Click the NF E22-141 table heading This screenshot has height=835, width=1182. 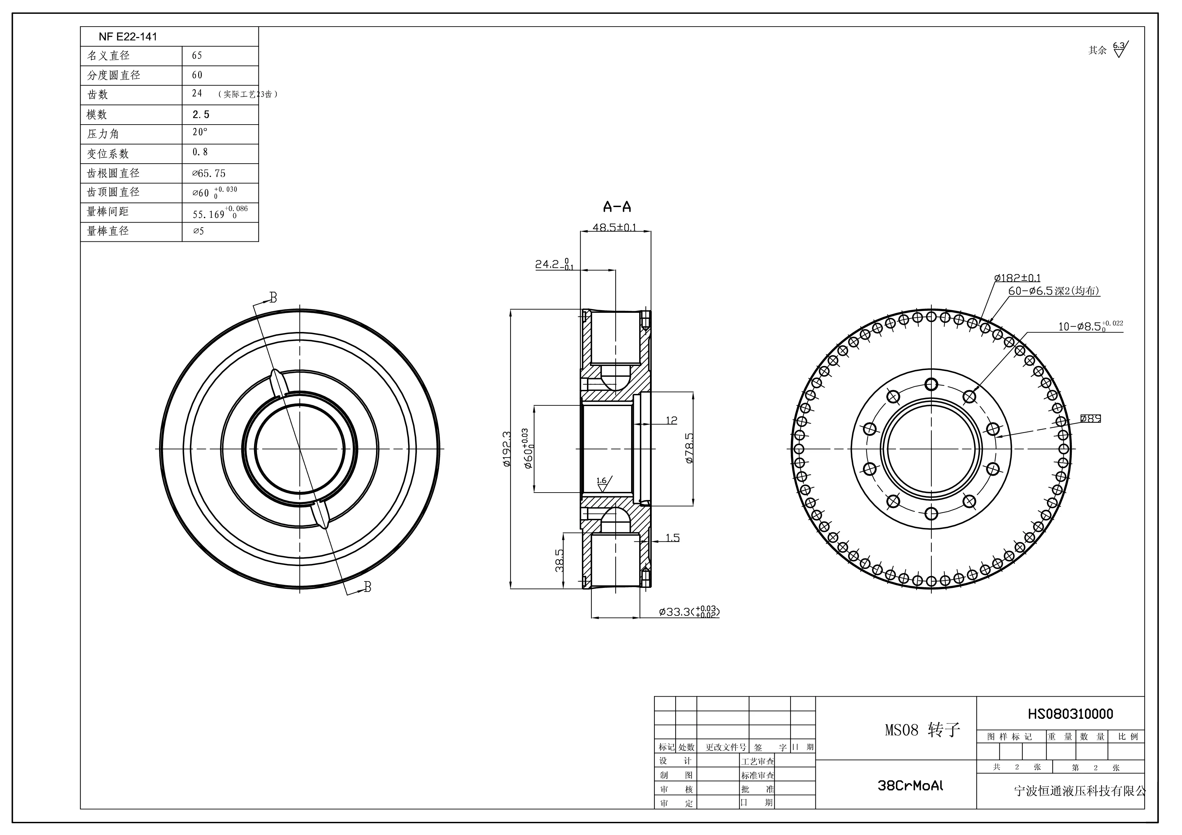128,36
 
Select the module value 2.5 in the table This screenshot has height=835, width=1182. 201,115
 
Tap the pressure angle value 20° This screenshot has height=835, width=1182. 200,132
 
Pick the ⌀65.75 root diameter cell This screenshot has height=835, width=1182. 209,173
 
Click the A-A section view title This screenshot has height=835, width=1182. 617,207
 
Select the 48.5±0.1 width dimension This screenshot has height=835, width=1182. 614,227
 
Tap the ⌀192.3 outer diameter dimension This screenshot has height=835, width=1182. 506,448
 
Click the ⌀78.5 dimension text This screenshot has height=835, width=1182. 689,448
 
